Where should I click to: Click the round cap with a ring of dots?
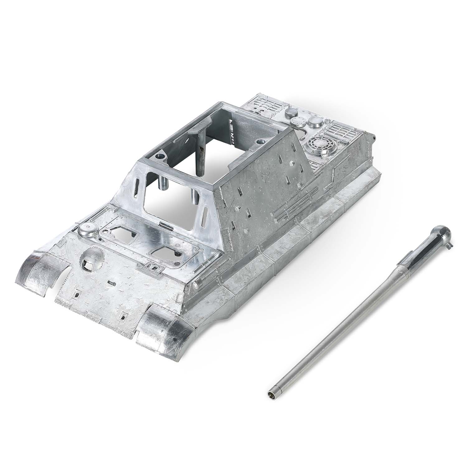[x=300, y=121]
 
